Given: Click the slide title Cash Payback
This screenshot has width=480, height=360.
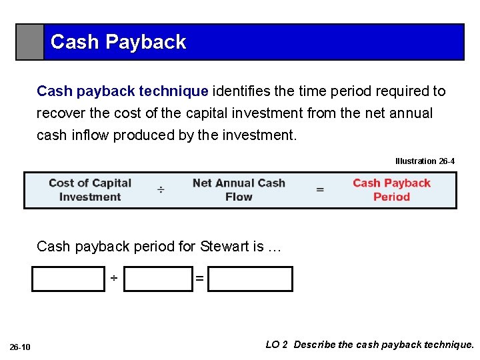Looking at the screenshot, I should coord(118,42).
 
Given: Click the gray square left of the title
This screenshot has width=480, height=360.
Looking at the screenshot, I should coord(30,42).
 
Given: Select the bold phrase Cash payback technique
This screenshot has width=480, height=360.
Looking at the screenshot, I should coord(123,91).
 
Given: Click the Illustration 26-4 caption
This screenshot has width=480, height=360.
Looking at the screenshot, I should coord(425,161).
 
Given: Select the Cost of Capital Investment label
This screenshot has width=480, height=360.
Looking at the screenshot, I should coord(90,190).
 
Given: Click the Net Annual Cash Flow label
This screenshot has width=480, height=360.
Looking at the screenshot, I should coord(239,190).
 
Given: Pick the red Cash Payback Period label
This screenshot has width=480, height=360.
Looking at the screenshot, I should coord(391,190).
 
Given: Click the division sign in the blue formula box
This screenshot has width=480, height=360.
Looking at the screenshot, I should coord(161,191).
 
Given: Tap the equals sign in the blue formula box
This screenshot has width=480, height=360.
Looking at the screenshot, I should coord(320,190).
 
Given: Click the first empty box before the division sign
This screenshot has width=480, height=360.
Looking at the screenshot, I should coord(68,279).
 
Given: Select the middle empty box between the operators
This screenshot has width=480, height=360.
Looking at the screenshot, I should coord(159,279).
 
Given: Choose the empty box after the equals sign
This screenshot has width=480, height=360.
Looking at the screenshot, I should coord(250,279).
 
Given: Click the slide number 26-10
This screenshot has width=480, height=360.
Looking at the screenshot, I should coord(20,347).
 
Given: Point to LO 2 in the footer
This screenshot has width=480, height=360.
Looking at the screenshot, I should coord(277,345).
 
